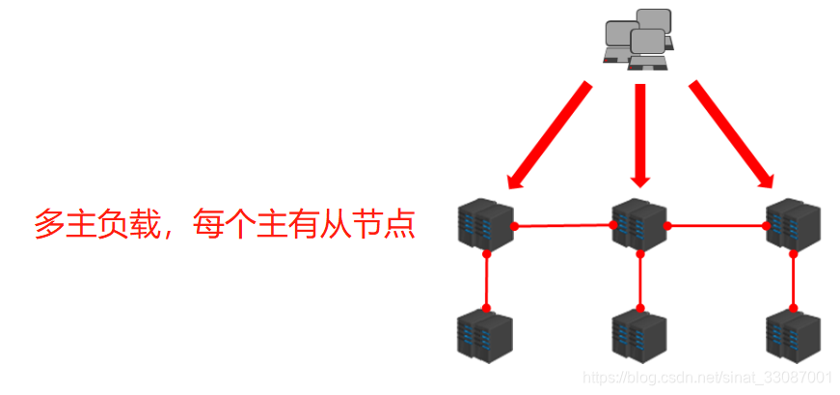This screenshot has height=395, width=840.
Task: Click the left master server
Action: [485, 223]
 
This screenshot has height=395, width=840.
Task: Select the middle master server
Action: [639, 223]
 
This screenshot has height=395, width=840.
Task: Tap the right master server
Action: [794, 223]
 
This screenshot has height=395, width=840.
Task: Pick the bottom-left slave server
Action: [485, 335]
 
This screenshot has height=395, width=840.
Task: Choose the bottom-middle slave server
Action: [639, 335]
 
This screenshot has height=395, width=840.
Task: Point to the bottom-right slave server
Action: [794, 335]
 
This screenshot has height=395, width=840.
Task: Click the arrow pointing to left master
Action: [548, 134]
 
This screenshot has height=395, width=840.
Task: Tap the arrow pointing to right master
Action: [731, 134]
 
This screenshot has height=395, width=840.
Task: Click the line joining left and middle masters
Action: [564, 226]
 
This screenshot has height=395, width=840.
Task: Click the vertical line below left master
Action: [487, 280]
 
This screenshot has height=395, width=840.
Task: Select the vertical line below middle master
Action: [640, 280]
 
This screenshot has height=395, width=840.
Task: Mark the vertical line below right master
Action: [794, 280]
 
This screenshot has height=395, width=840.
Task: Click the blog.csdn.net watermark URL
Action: [709, 378]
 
